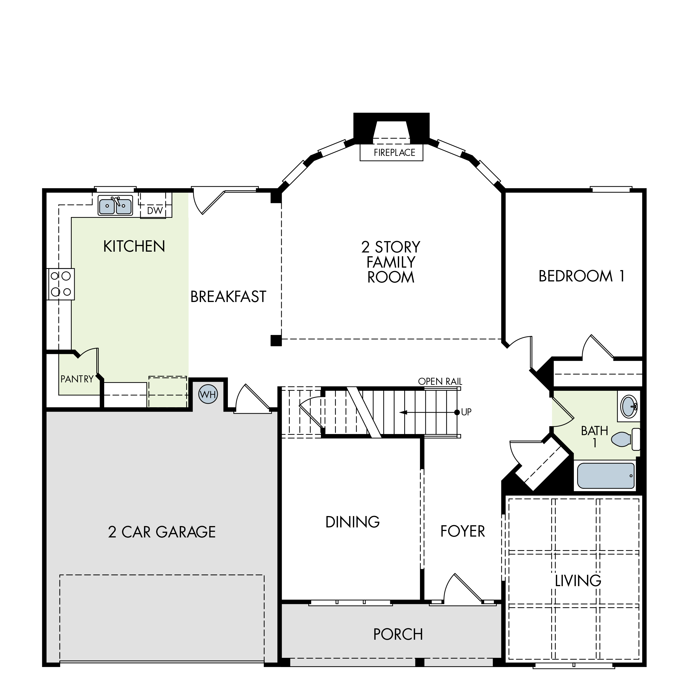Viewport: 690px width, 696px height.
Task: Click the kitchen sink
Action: coord(115,206)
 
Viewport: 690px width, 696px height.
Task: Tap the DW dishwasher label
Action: coord(155,210)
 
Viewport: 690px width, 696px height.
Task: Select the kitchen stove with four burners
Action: coord(61,284)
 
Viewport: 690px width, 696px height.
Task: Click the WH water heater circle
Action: coord(208,395)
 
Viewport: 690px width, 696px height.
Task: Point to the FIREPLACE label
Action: coord(395,153)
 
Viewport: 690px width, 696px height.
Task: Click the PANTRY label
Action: coord(77,379)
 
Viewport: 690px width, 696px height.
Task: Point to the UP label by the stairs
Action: coord(466,412)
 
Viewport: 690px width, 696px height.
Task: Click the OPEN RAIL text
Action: coord(440,381)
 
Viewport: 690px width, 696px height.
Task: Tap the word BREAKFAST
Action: coord(228,297)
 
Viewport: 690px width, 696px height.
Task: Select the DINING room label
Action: coord(352,522)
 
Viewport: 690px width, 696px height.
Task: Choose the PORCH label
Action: coord(398,634)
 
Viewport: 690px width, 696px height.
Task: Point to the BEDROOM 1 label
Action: coord(581,276)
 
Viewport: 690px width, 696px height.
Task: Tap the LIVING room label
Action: coord(578,581)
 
